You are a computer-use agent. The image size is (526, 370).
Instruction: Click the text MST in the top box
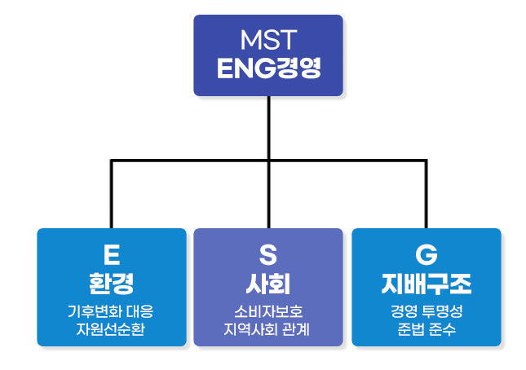point(268,40)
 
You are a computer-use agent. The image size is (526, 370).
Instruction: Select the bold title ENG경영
point(268,68)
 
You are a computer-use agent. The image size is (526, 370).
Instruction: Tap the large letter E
point(112,255)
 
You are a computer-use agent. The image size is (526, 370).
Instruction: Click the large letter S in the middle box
point(268,255)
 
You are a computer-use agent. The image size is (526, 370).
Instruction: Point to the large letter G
point(427,255)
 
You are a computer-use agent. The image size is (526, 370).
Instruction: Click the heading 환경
point(112,284)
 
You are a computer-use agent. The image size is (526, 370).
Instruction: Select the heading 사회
point(268,284)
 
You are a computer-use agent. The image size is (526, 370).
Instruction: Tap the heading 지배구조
point(427,284)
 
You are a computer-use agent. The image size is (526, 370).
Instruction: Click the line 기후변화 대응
point(111,311)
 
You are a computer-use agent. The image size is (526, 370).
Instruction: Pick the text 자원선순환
point(111,329)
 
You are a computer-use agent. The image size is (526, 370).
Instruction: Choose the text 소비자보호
point(268,311)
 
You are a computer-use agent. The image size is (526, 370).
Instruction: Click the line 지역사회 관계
point(267,329)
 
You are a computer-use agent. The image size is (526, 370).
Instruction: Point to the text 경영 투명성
point(427,311)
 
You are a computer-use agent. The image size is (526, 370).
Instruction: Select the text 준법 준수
point(427,329)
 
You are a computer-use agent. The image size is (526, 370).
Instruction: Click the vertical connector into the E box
point(112,195)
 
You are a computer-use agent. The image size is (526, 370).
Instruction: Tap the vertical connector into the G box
point(426,195)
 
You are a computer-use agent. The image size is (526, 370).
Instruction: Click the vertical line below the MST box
point(268,162)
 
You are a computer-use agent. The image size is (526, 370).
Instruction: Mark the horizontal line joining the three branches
point(268,161)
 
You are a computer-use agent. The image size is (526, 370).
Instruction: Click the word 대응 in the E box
point(140,311)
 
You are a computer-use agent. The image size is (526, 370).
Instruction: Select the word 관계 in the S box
point(296,329)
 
